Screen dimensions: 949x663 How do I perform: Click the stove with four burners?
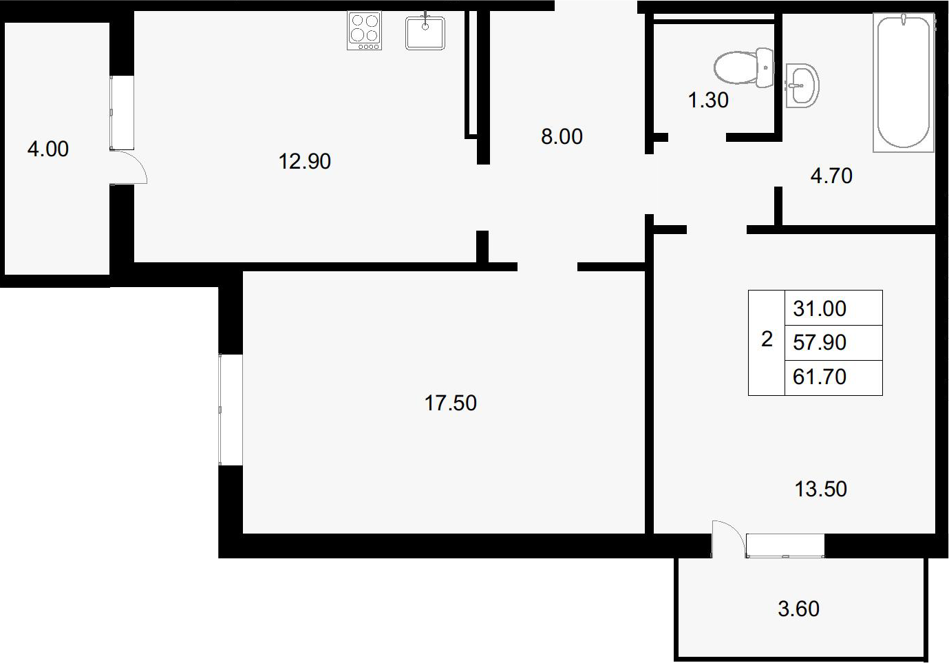364,30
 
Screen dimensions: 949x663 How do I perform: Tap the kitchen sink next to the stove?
425,32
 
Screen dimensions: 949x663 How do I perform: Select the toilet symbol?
743,68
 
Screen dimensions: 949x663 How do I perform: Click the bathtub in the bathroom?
904,82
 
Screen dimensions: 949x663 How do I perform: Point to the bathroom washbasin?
802,85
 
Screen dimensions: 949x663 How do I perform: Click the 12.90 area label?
305,162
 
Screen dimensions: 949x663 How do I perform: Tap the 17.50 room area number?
450,403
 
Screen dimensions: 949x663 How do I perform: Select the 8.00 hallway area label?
562,136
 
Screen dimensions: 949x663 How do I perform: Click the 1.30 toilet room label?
708,100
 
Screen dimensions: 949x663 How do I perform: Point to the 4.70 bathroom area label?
831,176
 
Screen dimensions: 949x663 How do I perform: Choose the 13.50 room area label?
820,489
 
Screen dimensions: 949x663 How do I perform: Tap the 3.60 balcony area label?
798,609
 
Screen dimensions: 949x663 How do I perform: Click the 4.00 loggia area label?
48,149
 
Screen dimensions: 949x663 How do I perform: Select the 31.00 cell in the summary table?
820,308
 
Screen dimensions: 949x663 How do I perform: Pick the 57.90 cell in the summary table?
820,342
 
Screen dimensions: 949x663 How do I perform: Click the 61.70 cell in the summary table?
820,377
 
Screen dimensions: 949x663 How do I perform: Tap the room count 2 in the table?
767,339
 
